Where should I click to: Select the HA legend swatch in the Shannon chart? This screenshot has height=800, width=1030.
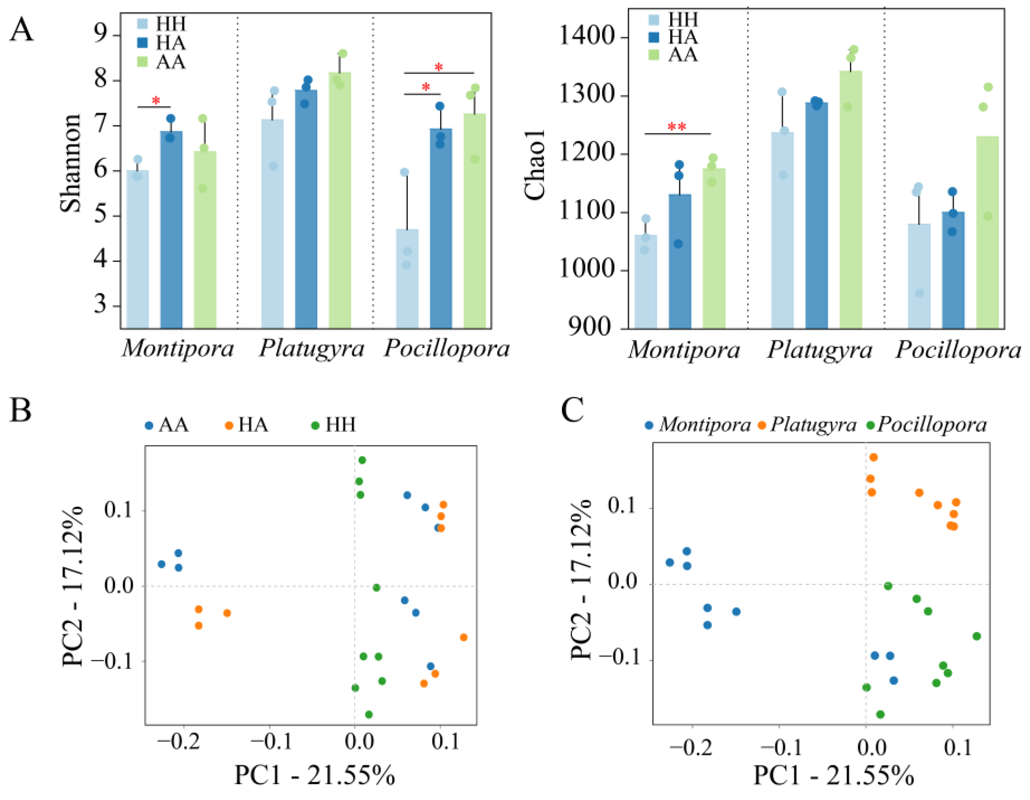(x=143, y=43)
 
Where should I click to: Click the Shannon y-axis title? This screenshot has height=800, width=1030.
(x=70, y=163)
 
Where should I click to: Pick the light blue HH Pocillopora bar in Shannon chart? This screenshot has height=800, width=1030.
(x=407, y=278)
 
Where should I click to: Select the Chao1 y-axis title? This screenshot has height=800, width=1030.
(x=535, y=165)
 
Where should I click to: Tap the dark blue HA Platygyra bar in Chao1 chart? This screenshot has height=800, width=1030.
(x=816, y=215)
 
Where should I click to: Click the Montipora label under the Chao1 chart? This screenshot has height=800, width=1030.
(x=684, y=350)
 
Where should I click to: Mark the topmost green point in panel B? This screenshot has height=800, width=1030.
(x=362, y=460)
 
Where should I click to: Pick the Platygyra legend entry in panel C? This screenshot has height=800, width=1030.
(x=806, y=425)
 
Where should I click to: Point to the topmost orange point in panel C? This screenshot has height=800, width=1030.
(x=873, y=457)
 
